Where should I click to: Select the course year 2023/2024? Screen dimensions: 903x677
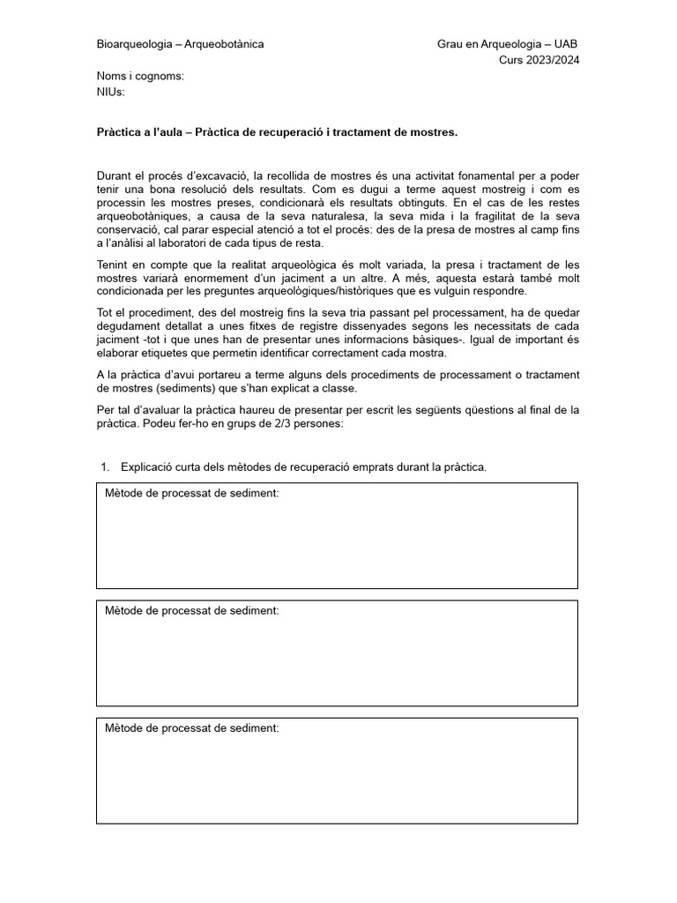[552, 60]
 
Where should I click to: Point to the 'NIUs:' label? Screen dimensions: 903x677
[111, 92]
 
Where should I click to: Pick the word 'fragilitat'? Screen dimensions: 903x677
[503, 216]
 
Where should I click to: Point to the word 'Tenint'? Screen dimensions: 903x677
[114, 265]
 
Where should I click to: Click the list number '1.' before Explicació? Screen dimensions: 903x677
[104, 466]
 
